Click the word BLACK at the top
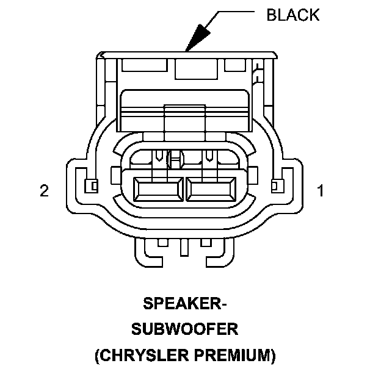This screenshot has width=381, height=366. point(292,14)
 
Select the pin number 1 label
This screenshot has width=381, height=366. point(320,191)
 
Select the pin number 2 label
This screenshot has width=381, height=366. point(43,191)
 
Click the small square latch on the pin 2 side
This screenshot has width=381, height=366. point(92,184)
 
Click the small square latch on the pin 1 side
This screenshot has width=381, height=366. point(276,184)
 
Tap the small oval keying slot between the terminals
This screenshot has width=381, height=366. point(177,160)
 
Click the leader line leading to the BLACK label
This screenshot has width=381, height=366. point(232,12)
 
